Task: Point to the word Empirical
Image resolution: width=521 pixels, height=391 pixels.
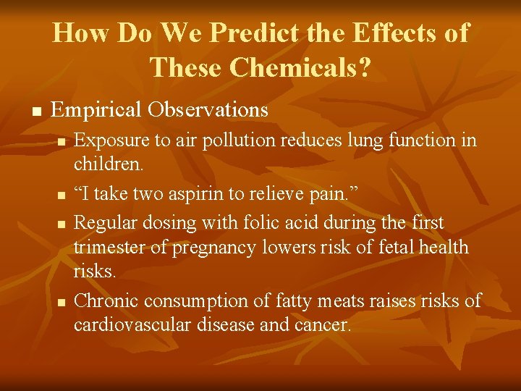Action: [x=97, y=111]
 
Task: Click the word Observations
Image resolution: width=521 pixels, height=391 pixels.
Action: [x=209, y=110]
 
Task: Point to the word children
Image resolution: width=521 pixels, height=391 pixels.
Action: [x=107, y=165]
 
